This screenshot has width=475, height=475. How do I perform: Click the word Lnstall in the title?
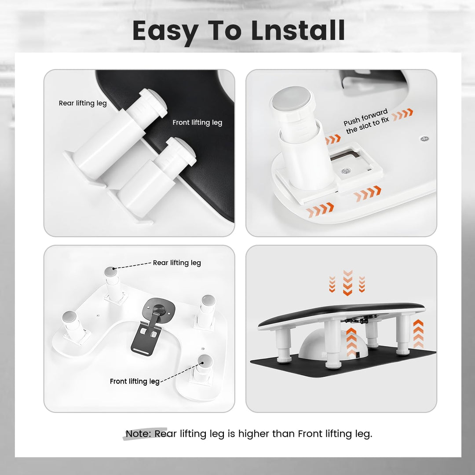(298, 30)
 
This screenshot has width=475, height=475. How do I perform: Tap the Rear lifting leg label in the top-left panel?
(83, 103)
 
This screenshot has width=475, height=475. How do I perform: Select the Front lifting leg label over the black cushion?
(197, 122)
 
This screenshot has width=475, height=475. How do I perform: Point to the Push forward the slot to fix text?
(366, 121)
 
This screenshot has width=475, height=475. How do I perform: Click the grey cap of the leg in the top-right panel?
(292, 99)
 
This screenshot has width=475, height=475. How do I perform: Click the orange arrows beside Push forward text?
(402, 114)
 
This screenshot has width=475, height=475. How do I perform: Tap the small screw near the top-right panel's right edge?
(424, 139)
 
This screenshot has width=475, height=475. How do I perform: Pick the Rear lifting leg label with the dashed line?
(177, 263)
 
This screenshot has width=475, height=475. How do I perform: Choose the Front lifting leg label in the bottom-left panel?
(135, 381)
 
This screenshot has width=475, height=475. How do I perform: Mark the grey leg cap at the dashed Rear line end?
(111, 271)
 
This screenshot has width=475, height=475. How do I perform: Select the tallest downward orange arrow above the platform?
(347, 283)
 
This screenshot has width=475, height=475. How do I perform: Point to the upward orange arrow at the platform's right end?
(418, 333)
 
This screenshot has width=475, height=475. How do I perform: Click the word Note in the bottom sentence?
(138, 434)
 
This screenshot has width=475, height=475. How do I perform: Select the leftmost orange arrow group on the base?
(320, 210)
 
